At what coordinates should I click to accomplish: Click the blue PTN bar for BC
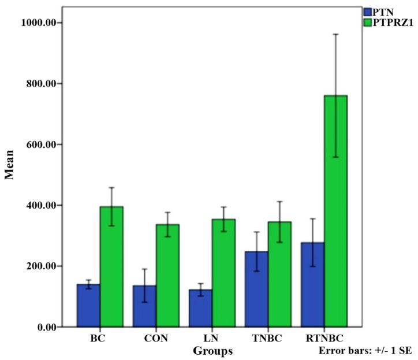(x=88, y=306)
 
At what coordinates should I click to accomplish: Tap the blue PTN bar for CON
(x=144, y=306)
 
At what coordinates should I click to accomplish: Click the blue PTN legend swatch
(x=368, y=11)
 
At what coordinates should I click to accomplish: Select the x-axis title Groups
(x=212, y=350)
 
